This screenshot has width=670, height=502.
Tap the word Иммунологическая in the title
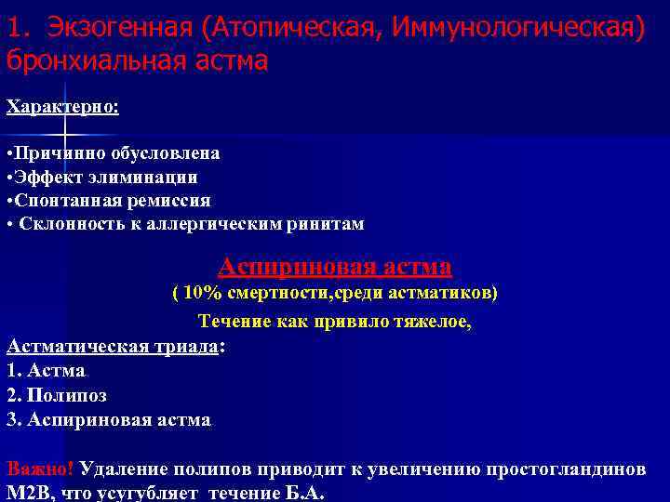point(517,28)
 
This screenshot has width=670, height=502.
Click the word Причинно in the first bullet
point(55,152)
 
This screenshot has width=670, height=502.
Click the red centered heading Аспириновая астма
point(335,268)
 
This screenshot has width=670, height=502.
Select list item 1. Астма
point(46,371)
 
